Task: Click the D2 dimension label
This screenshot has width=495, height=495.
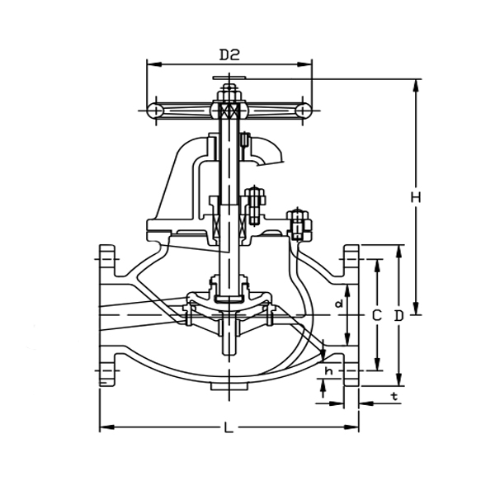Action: tap(229, 55)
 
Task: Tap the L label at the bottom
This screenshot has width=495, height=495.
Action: tap(229, 428)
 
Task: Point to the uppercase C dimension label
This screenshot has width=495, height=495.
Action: tap(375, 315)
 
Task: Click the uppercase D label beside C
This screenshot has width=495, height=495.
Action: tap(398, 315)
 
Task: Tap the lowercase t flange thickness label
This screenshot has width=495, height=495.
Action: tap(394, 397)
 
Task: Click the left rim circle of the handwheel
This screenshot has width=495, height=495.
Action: tap(155, 110)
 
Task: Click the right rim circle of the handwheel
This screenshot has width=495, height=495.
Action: tap(304, 110)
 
